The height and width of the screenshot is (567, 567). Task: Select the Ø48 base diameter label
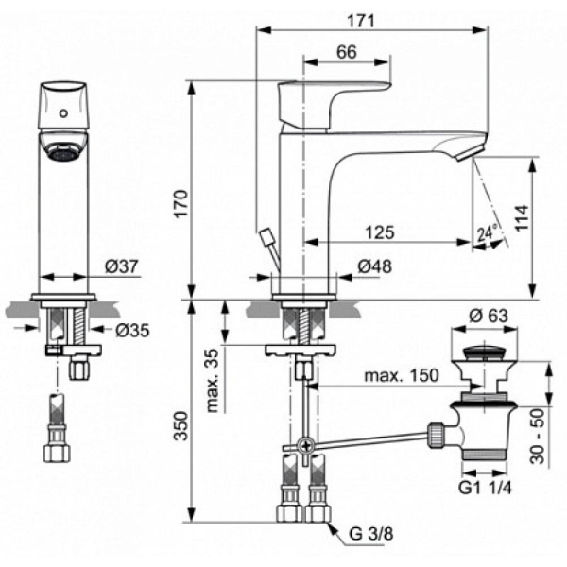point(377,266)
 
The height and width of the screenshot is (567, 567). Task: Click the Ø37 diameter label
point(124,267)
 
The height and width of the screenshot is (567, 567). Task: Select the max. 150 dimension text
point(402,375)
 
